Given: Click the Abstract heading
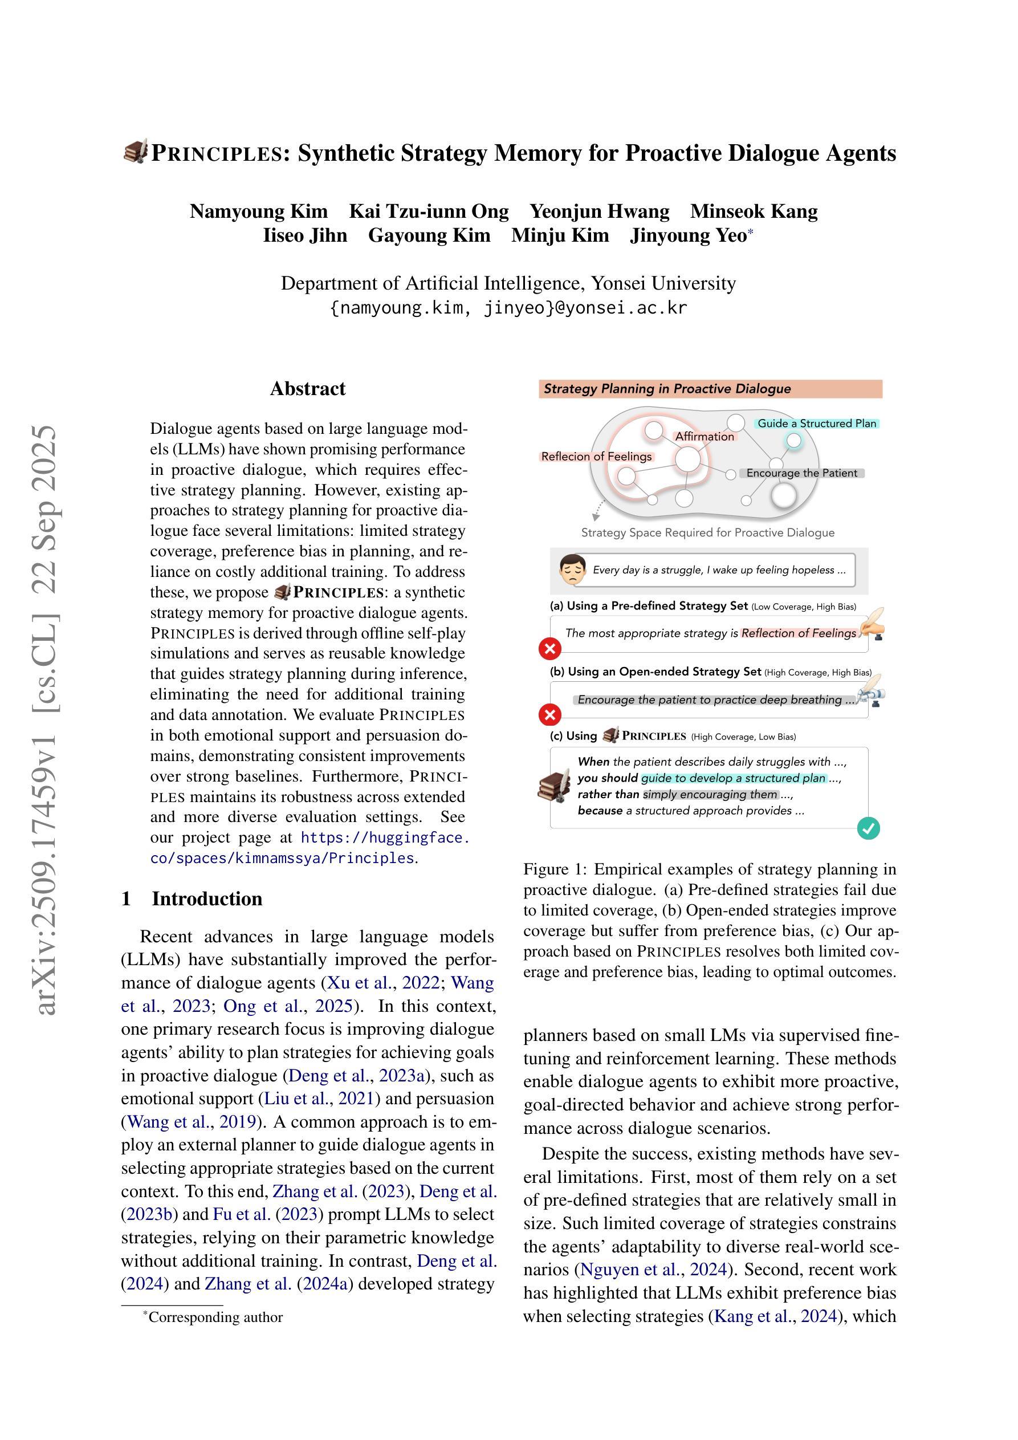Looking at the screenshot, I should coord(307,389).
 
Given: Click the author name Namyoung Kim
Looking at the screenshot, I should coord(258,211).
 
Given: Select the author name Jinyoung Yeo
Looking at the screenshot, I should coord(688,236).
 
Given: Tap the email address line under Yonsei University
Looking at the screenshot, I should coord(508,308).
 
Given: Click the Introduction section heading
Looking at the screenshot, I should coord(206,899).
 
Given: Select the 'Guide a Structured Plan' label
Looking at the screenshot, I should coord(817,424).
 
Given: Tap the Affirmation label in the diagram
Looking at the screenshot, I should coord(705,437).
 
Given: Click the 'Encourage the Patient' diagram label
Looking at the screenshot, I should coord(801,473).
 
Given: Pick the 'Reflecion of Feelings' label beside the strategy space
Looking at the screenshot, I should coord(597,457).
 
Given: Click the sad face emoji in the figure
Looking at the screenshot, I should coord(572,570).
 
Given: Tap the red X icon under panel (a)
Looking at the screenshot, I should coord(550,649).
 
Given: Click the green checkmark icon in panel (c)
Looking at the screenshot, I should coord(868,828).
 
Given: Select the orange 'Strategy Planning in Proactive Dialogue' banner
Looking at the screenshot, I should coord(710,389).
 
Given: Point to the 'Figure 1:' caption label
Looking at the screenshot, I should coord(555,869).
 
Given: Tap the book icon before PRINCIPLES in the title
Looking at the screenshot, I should coord(136,152).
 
